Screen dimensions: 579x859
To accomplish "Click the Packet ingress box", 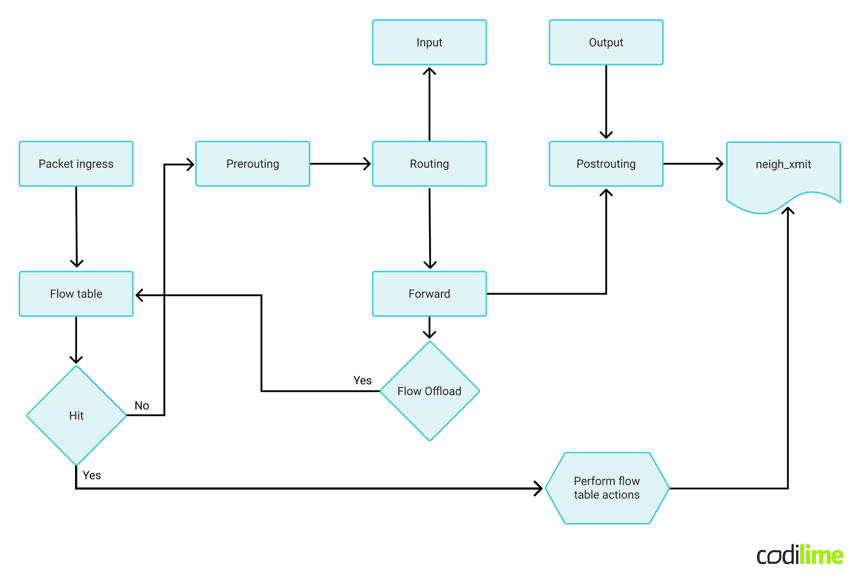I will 76,164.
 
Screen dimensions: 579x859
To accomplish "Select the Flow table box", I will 76,294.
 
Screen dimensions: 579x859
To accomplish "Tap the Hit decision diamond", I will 76,415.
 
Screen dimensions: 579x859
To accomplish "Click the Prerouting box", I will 252,164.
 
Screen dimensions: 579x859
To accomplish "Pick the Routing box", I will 429,164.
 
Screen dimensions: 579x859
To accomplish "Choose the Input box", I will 429,42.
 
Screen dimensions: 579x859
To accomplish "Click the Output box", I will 606,42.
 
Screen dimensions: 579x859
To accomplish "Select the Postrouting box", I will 606,164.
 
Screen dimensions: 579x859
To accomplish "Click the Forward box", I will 429,294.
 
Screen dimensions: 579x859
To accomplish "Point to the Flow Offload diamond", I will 429,391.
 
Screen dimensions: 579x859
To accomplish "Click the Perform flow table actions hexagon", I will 607,488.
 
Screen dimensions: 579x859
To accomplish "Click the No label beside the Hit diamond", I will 142,406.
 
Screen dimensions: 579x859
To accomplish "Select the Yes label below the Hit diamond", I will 92,475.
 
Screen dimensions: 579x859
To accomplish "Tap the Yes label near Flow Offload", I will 362,381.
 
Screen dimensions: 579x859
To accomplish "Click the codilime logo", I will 799,555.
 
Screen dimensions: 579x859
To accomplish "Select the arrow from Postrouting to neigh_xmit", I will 693,164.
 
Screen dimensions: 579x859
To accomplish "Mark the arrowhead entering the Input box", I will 429,71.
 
